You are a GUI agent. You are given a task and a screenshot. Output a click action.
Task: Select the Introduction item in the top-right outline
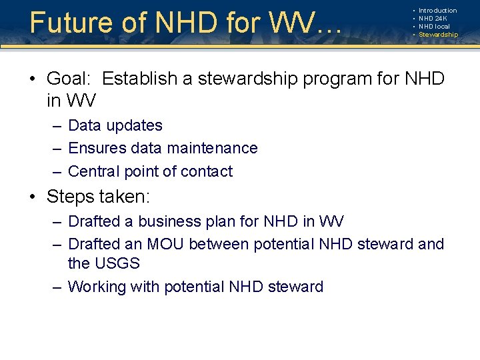tap(437, 11)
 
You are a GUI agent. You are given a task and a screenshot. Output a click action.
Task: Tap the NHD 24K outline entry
tap(433, 19)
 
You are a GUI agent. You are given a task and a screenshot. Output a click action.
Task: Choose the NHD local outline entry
tap(434, 27)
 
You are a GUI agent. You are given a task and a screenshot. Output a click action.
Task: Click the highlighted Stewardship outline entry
tap(438, 35)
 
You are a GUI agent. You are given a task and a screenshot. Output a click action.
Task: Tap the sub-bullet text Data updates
tap(115, 125)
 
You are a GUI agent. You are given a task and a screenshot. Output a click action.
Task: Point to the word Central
tap(95, 171)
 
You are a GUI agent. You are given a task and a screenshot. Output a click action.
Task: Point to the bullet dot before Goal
tap(33, 79)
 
